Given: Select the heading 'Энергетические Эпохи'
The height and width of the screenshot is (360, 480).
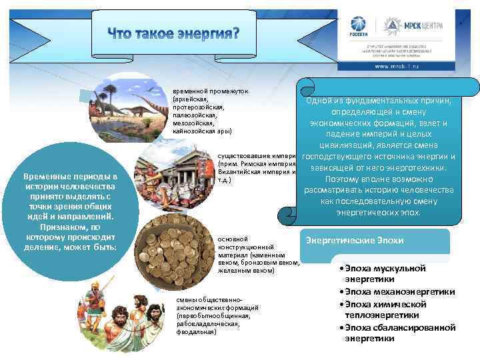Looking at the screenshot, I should click(354, 240).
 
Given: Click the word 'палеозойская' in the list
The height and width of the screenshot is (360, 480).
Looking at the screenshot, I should click(193, 114).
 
